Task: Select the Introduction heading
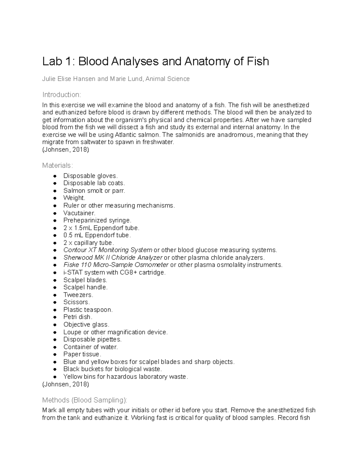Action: coord(61,95)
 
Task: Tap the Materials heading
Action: coord(57,165)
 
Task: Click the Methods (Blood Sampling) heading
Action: coord(85,400)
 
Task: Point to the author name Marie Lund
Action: coord(126,79)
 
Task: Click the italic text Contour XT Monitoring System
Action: coord(108,250)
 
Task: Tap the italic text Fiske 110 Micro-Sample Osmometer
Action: coord(116,265)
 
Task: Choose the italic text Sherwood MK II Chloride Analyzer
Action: coord(113,257)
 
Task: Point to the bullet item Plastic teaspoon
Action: coord(88,310)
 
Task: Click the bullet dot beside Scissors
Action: coord(55,302)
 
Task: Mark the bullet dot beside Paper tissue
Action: coord(55,355)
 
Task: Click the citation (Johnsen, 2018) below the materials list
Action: coord(66,384)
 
